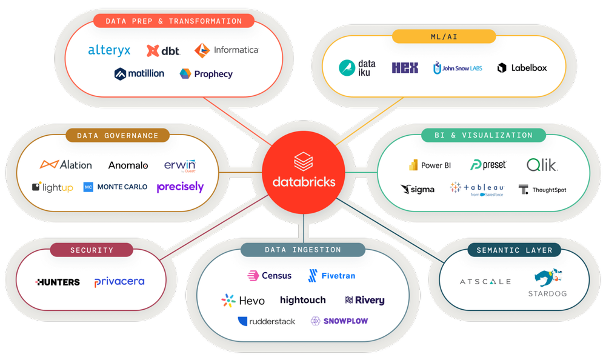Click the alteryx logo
click(109, 50)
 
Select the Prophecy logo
click(206, 74)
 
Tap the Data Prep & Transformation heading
click(174, 21)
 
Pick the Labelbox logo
click(522, 68)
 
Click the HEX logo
click(405, 68)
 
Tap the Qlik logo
click(542, 164)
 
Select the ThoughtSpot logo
click(542, 190)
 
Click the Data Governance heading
click(118, 136)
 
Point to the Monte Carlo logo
click(115, 187)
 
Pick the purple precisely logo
click(180, 187)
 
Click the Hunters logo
click(58, 282)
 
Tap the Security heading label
click(92, 250)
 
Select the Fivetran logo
click(331, 276)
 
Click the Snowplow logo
click(339, 321)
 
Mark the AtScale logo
click(485, 281)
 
